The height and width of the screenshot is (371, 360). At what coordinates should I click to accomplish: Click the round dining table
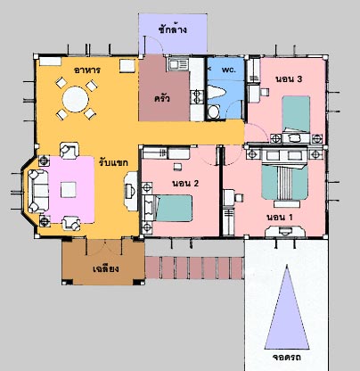tap(76, 99)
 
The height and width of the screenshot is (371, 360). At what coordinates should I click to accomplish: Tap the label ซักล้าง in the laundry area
tap(173, 29)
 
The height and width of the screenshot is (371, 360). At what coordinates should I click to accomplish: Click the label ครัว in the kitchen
tap(162, 98)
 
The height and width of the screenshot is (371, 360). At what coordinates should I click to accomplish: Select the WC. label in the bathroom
tap(229, 70)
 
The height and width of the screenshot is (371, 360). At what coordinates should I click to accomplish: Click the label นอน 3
tap(289, 79)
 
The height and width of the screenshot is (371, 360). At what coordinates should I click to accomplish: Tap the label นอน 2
tap(185, 183)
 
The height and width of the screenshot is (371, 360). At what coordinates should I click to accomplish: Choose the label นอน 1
tap(280, 218)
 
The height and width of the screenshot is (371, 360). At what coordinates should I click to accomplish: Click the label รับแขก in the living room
tap(114, 162)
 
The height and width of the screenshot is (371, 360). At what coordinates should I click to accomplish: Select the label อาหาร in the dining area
tap(87, 70)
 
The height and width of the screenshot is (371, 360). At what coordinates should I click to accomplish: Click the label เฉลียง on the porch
tap(106, 268)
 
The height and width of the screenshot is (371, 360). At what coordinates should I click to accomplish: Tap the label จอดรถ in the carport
tap(287, 357)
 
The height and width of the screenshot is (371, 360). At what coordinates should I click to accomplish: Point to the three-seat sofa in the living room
tap(38, 191)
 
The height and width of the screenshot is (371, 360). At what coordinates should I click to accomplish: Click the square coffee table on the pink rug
tap(69, 190)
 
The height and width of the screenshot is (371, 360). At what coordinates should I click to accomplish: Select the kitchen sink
tap(178, 64)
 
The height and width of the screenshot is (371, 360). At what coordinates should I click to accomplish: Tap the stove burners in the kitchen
tap(197, 97)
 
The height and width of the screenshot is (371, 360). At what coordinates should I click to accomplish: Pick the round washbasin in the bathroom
tap(213, 111)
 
